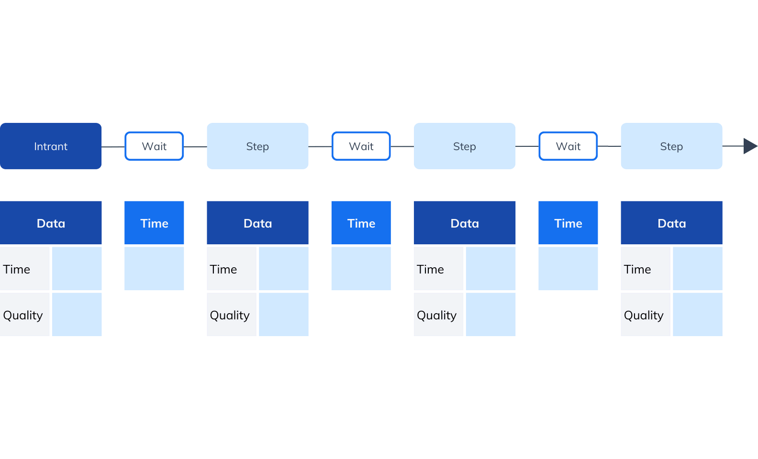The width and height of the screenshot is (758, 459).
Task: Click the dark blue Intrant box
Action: point(51,146)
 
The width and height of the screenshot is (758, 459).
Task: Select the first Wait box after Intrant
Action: point(154,146)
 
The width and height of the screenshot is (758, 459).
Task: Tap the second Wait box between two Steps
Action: point(361,146)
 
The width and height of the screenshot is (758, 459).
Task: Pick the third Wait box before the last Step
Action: point(568,146)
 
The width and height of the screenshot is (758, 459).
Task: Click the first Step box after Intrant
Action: point(257,146)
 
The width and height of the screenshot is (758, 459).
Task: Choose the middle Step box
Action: point(465,146)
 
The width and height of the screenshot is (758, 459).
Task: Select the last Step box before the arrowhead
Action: point(671,146)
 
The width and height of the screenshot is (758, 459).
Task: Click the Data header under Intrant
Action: point(51,223)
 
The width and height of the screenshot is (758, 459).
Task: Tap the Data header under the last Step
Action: point(671,223)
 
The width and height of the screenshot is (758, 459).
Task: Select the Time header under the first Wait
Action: point(154,223)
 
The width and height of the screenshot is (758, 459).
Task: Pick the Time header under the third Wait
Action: point(568,223)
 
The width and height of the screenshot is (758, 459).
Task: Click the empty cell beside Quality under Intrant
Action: point(77,315)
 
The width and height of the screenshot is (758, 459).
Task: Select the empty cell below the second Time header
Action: point(361,268)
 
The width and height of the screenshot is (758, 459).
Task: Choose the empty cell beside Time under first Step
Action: point(284,268)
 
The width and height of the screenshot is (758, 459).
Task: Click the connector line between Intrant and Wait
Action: point(113,147)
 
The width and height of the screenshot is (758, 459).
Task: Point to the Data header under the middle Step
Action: point(465,223)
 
